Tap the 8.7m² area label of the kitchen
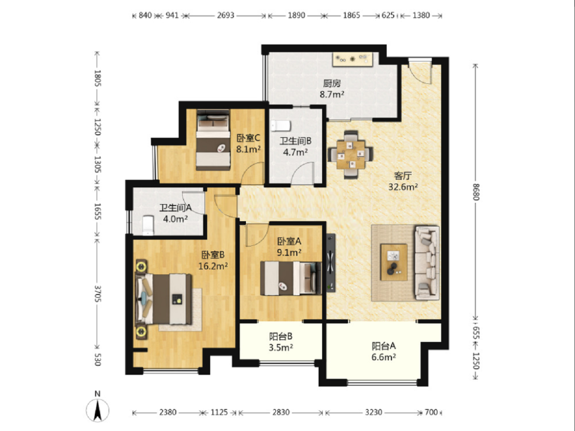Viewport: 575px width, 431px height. (x=332, y=94)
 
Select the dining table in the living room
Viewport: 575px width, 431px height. (x=351, y=155)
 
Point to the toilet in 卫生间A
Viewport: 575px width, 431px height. (x=148, y=225)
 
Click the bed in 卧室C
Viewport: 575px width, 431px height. (x=213, y=140)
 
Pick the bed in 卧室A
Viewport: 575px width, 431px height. (x=291, y=278)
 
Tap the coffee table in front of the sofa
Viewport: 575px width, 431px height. (x=394, y=262)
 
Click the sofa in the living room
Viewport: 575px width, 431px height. (x=427, y=263)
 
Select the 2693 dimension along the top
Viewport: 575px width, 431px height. (x=226, y=16)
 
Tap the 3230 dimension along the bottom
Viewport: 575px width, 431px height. (x=373, y=412)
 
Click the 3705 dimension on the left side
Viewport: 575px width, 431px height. (x=98, y=294)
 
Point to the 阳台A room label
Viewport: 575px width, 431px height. (x=384, y=346)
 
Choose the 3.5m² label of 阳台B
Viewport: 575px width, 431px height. (x=281, y=347)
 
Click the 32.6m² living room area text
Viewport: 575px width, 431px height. (x=403, y=187)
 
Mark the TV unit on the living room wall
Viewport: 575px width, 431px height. (x=331, y=263)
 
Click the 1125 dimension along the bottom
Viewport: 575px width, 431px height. (x=219, y=412)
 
